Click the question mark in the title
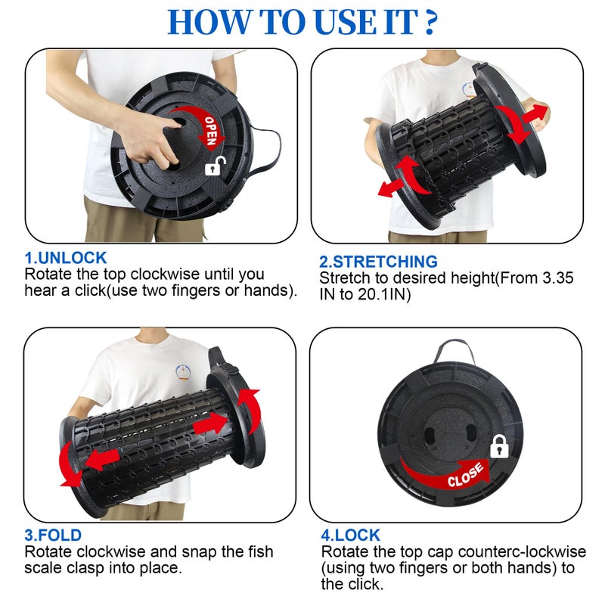click(430, 22)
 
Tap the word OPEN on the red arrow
click(211, 131)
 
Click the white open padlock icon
click(215, 166)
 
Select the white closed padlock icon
click(499, 446)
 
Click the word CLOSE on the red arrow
click(465, 475)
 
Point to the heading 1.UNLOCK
click(66, 258)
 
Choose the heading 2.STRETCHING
click(378, 262)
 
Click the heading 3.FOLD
click(53, 535)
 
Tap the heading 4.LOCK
click(350, 535)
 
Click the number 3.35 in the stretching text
click(557, 278)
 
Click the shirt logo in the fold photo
click(183, 371)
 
